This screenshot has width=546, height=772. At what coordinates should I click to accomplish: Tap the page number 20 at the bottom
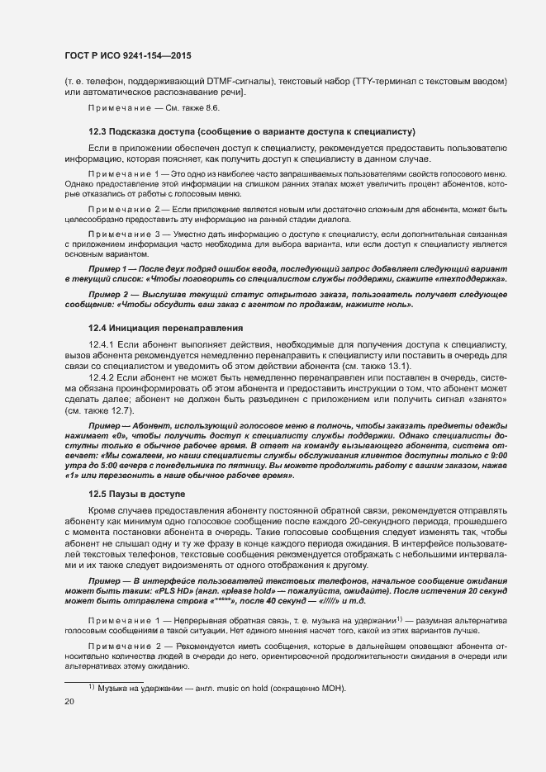69,702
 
